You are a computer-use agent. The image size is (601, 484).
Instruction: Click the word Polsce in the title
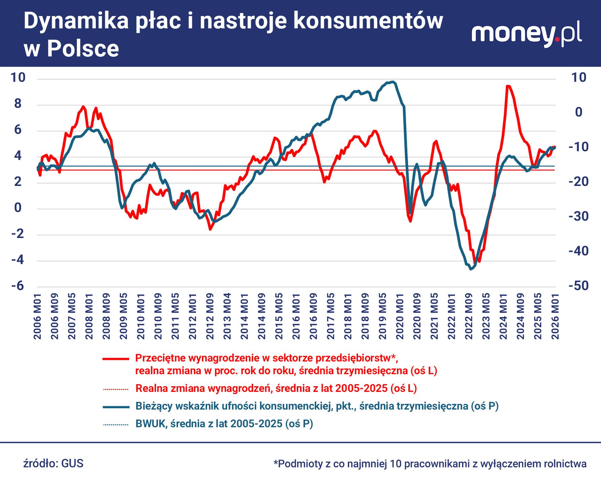[83, 49]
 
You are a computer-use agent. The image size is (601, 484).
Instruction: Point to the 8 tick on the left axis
[17, 104]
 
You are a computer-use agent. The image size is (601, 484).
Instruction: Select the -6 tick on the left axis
[17, 286]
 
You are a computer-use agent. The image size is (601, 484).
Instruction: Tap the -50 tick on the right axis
[578, 286]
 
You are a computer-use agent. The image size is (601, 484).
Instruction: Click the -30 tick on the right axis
[578, 216]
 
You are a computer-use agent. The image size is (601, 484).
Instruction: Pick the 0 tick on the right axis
[578, 112]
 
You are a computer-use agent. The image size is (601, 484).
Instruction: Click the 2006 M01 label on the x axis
[37, 316]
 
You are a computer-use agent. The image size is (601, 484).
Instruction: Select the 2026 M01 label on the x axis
[555, 316]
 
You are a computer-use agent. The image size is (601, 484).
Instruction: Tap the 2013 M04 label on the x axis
[227, 316]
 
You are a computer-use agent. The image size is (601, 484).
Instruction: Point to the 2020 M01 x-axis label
[400, 316]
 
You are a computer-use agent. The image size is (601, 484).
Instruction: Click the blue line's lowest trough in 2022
[471, 269]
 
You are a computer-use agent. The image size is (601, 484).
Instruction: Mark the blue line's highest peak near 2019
[393, 82]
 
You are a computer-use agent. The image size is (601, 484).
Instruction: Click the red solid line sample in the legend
[116, 359]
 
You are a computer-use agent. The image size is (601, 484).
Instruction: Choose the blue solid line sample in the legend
[116, 407]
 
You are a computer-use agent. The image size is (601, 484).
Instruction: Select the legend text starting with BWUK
[224, 424]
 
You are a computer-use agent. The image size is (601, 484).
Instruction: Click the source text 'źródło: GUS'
[53, 463]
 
